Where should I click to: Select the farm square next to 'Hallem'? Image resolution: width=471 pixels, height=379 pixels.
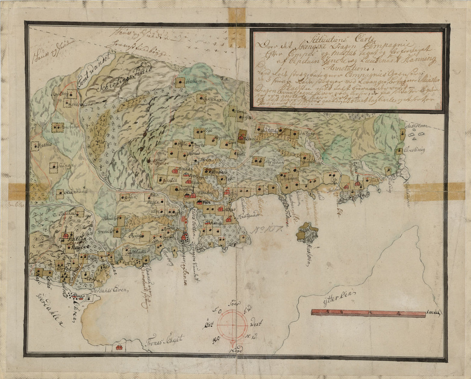[x=180, y=82]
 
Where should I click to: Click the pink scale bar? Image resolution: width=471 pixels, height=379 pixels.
[x=368, y=313]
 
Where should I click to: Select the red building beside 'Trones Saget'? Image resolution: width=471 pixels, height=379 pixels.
[x=119, y=348]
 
